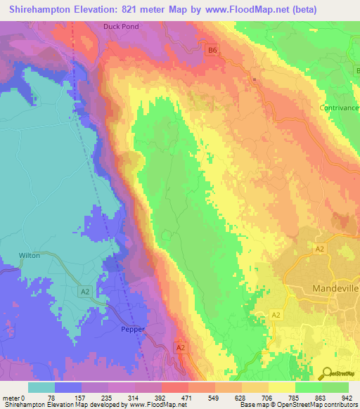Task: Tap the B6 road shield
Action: click(x=212, y=50)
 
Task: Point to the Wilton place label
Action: click(x=29, y=256)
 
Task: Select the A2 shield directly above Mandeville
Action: click(x=319, y=249)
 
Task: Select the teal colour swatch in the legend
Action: click(x=41, y=387)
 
